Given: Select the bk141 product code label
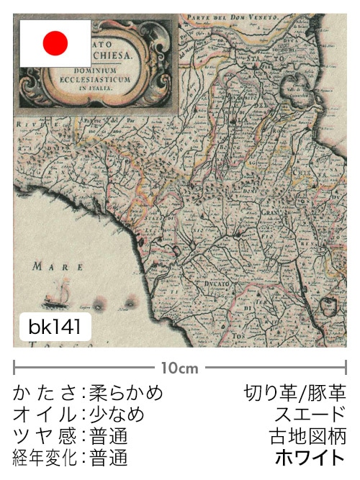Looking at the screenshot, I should [x=55, y=327].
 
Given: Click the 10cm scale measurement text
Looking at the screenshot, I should [x=179, y=368].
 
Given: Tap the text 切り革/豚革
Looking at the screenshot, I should [x=295, y=393].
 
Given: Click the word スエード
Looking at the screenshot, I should [x=310, y=415].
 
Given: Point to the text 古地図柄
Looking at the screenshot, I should [x=309, y=436].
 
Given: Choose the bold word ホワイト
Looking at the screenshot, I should [x=310, y=458].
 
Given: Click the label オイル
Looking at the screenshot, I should [x=45, y=415].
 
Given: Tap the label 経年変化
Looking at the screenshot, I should [x=45, y=458].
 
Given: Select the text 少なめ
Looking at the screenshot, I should [x=117, y=415].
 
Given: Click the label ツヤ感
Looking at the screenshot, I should [x=45, y=436].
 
